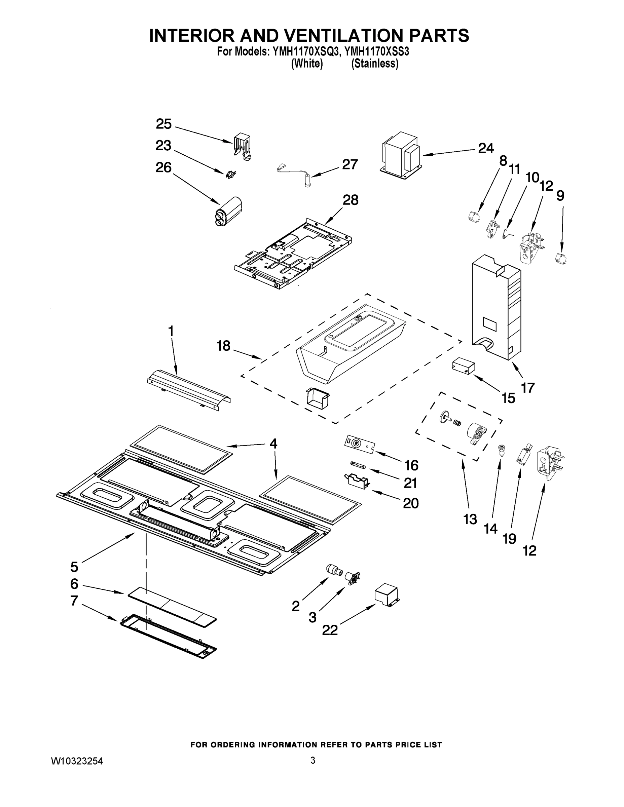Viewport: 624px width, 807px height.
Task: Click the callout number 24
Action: [x=486, y=149]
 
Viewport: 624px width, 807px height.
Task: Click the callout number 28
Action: [x=350, y=200]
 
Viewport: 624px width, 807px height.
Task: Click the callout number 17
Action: [x=528, y=388]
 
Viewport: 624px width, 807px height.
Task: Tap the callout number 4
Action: [x=273, y=444]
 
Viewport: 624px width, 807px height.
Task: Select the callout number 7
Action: [x=74, y=601]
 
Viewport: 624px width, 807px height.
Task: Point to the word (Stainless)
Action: [x=374, y=64]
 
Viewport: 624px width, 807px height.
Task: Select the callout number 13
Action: [x=470, y=520]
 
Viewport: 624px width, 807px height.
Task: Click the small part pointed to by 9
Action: [x=561, y=258]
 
